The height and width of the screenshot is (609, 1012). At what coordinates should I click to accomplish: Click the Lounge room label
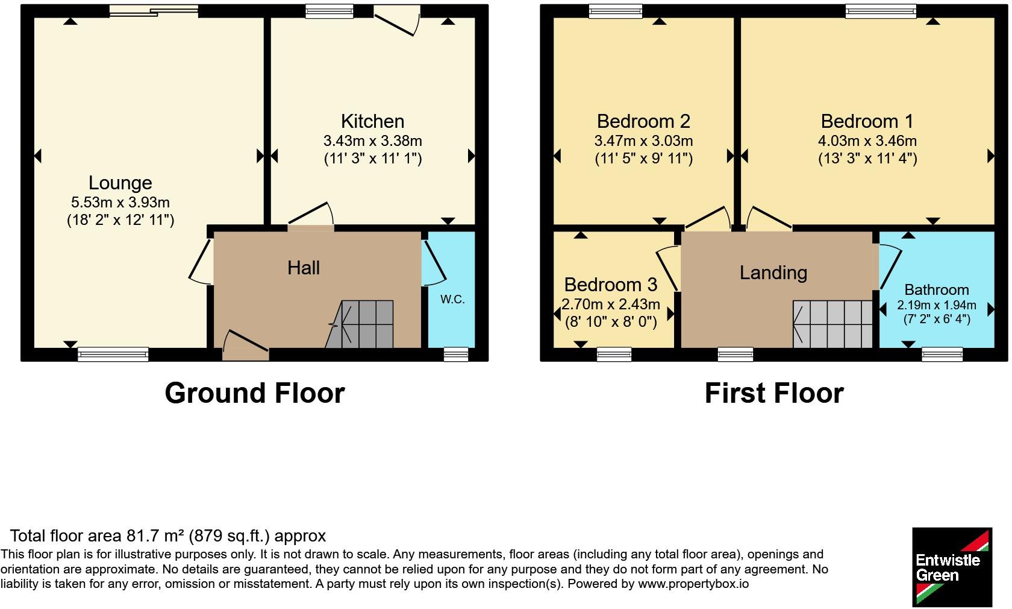pos(120,183)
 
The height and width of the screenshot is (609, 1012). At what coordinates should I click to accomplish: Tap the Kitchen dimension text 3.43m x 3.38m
pos(373,141)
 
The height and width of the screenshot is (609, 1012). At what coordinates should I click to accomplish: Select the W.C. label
pos(452,299)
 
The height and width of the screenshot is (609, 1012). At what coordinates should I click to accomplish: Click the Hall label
pos(304,268)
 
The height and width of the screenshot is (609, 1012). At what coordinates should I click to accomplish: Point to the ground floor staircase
pos(360,324)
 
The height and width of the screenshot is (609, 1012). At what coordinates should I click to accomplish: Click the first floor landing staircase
pos(832,324)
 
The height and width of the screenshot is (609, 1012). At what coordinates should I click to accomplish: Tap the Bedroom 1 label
pos(867,121)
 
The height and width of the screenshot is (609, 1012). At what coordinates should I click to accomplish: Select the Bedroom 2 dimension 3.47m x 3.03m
pos(643,141)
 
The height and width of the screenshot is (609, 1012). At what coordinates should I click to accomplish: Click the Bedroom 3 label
pos(611,285)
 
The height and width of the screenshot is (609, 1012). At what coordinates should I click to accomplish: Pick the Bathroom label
pos(937,290)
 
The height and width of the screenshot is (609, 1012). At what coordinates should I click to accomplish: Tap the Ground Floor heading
pos(255,393)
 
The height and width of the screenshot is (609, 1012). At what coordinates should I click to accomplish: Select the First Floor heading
pos(774,393)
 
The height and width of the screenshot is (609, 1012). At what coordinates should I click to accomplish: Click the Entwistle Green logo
pos(952,567)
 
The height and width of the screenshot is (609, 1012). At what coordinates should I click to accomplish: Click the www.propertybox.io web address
pos(693,584)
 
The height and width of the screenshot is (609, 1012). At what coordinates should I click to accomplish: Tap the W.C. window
pos(456,355)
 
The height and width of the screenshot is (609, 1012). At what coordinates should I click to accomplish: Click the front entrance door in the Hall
pos(245,346)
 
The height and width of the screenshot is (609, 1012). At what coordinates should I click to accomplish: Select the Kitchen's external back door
pos(396,21)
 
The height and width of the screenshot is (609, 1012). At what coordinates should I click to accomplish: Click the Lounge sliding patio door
pos(154,11)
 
